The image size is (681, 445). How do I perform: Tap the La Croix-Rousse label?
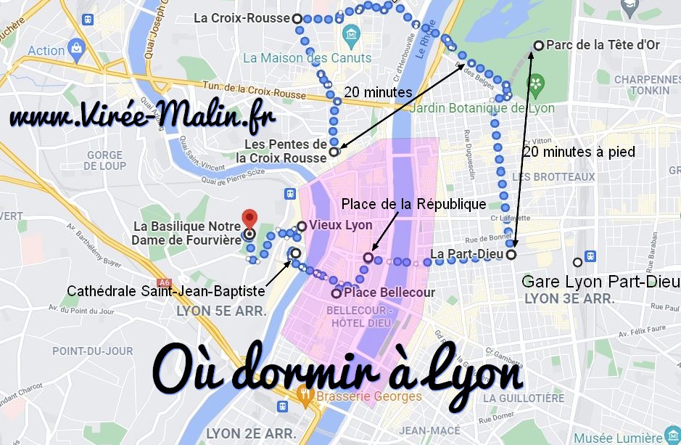coord(242,18)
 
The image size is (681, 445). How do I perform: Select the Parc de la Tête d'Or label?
coord(602,45)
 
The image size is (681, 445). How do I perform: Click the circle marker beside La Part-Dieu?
coord(511,255)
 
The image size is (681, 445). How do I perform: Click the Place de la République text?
coord(413,203)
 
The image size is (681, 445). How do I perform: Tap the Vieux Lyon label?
coord(340,225)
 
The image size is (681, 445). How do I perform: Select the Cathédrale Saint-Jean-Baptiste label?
coord(165,291)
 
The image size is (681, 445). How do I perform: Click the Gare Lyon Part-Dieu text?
coord(601,281)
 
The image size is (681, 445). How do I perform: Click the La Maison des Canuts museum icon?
coord(352,34)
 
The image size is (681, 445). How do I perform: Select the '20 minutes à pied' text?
coord(578,152)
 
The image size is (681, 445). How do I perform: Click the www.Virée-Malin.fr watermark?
coord(143,117)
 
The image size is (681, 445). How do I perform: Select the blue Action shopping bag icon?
coord(76,49)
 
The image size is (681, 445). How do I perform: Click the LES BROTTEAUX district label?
coord(553,176)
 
